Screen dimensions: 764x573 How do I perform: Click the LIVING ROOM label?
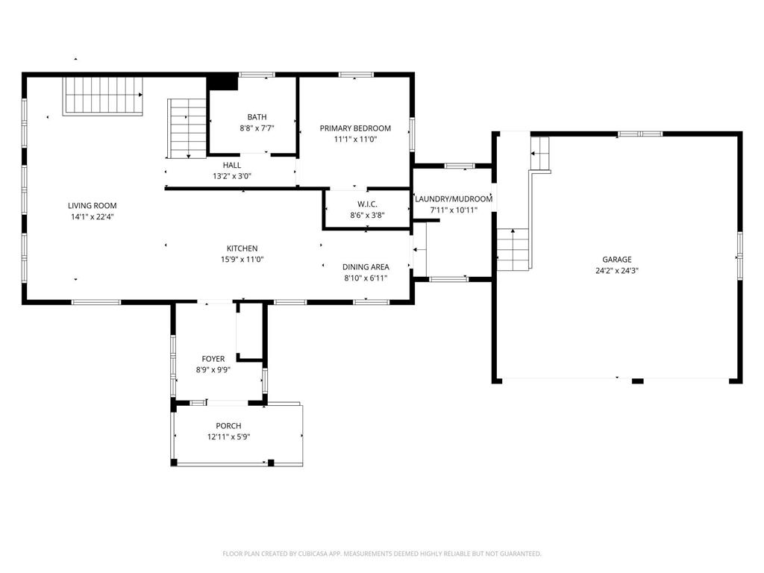tap(92, 206)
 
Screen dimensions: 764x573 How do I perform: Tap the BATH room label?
tap(257, 117)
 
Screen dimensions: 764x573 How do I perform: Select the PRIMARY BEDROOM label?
tap(355, 128)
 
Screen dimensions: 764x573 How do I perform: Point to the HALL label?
tap(232, 165)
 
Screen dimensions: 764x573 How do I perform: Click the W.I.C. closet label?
tap(367, 204)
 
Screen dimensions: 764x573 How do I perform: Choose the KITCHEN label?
tap(242, 248)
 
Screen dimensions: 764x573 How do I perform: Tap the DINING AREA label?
tap(366, 267)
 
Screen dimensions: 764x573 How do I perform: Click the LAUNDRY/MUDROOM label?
tap(454, 198)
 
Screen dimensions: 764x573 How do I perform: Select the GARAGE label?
tap(617, 260)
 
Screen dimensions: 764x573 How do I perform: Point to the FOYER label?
tap(213, 359)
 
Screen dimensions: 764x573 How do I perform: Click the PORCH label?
tap(228, 426)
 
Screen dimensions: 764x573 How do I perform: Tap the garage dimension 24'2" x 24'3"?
tap(617, 271)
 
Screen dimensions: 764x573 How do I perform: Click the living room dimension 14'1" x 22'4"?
tap(92, 217)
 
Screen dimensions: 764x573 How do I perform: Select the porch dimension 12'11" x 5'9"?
tap(228, 437)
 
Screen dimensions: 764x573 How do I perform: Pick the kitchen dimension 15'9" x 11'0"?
tap(242, 260)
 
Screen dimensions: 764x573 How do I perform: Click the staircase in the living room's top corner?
tap(103, 96)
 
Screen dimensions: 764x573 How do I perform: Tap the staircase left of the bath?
tap(187, 128)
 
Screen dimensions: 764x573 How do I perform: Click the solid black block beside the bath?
tap(222, 83)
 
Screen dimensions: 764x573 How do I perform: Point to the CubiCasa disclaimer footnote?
tap(382, 554)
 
